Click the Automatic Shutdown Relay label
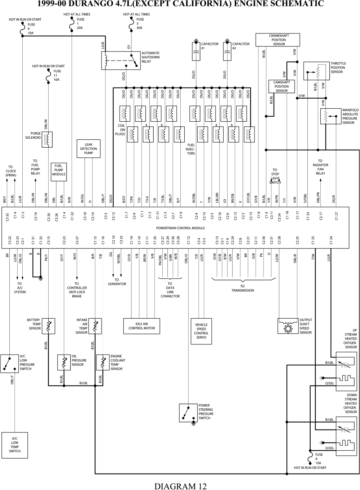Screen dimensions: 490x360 tap(150, 57)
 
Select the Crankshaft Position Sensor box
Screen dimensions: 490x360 tap(279, 40)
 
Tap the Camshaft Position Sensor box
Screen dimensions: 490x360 tap(281, 86)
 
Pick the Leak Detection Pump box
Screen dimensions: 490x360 tap(89, 149)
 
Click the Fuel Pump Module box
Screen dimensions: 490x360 tap(59, 172)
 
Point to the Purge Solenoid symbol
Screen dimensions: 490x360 tap(48, 139)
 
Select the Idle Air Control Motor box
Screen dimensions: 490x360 tap(141, 326)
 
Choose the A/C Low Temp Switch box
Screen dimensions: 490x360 tap(15, 445)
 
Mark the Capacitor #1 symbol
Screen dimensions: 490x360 tap(196, 51)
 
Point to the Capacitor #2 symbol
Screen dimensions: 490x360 tap(227, 51)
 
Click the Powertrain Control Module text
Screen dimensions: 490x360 tap(180, 228)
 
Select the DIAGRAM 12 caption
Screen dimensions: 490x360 tap(180, 486)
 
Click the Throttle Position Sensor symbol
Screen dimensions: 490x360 tap(317, 71)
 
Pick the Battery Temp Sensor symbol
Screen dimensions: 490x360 tap(48, 326)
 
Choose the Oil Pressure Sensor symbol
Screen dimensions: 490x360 tap(64, 363)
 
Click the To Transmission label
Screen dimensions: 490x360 tap(243, 288)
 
